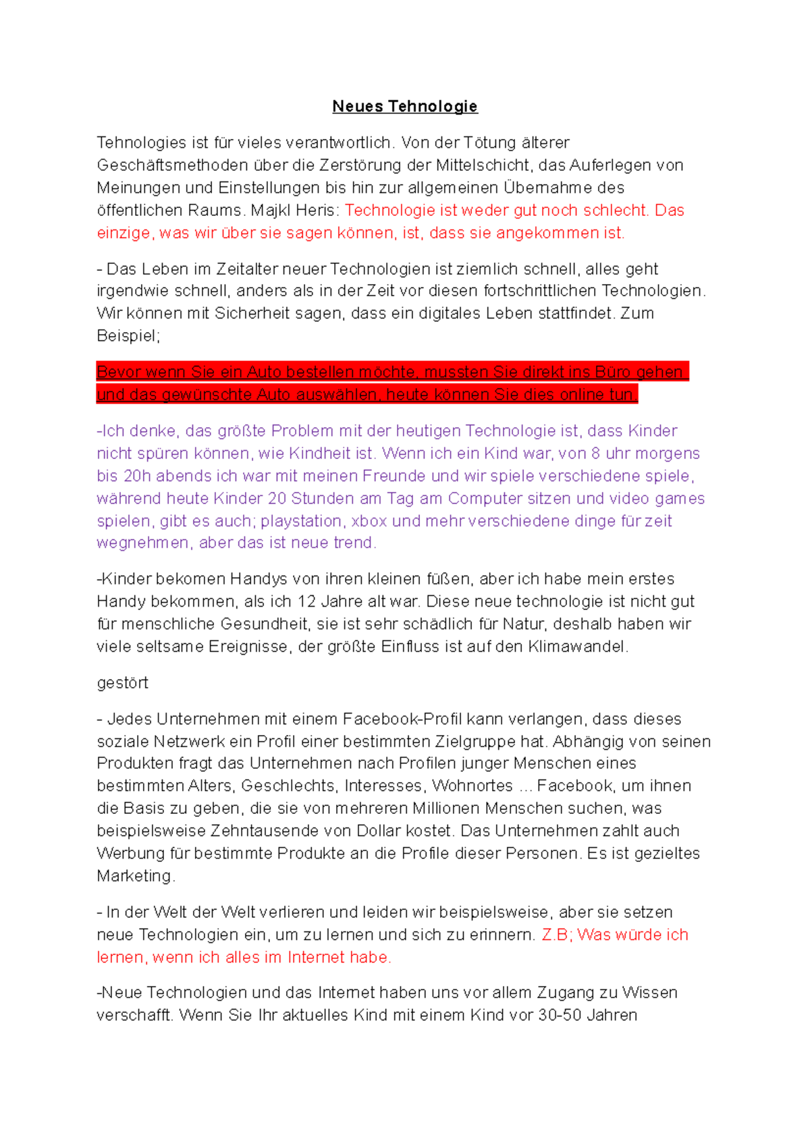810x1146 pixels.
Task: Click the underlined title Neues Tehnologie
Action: click(405, 107)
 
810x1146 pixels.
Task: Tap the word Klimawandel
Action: click(577, 647)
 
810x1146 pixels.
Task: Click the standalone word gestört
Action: click(122, 683)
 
